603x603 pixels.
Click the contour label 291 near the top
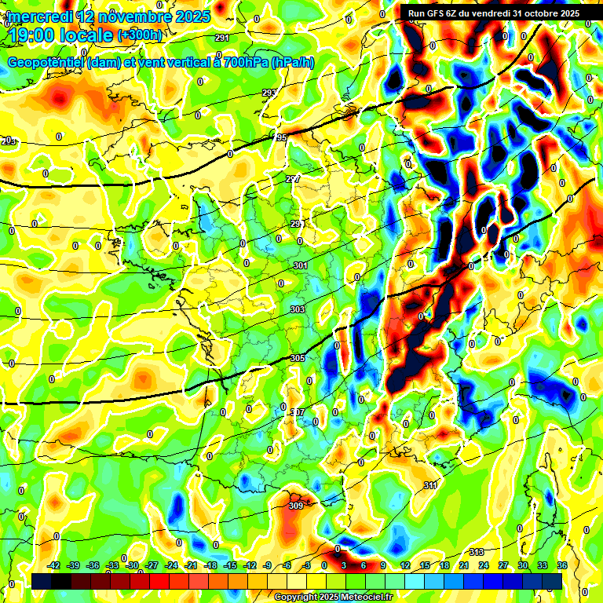tap(221, 38)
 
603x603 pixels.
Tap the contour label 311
tap(429, 485)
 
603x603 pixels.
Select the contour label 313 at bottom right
tap(477, 552)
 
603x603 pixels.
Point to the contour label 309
tap(295, 506)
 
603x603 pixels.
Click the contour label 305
tap(298, 358)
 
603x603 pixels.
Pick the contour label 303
tap(297, 310)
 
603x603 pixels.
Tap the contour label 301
tap(300, 266)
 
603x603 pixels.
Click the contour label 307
tap(297, 412)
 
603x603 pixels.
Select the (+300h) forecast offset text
tap(140, 35)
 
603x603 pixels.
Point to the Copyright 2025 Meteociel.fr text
tap(333, 598)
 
